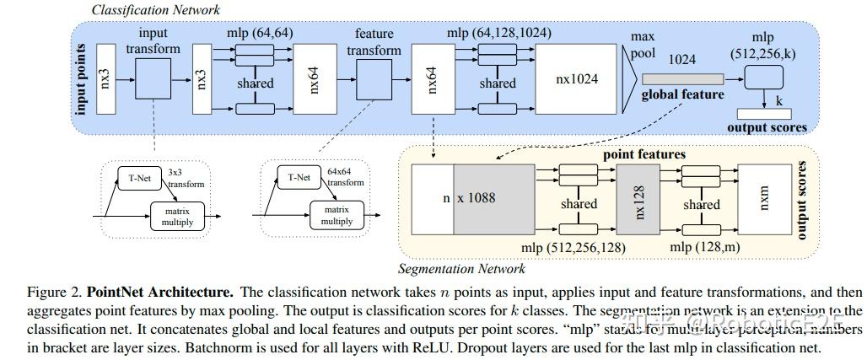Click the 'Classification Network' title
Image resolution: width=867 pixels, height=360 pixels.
click(155, 10)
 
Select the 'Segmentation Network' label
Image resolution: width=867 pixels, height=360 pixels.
click(461, 269)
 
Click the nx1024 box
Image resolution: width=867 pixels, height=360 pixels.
click(577, 79)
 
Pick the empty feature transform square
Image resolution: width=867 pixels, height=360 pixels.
click(374, 80)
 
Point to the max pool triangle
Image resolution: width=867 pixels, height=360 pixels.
click(630, 80)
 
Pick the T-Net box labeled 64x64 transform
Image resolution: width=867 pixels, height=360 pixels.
click(299, 178)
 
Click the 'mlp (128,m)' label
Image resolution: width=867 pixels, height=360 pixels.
click(704, 246)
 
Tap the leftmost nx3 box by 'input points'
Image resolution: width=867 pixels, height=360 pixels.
click(105, 79)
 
